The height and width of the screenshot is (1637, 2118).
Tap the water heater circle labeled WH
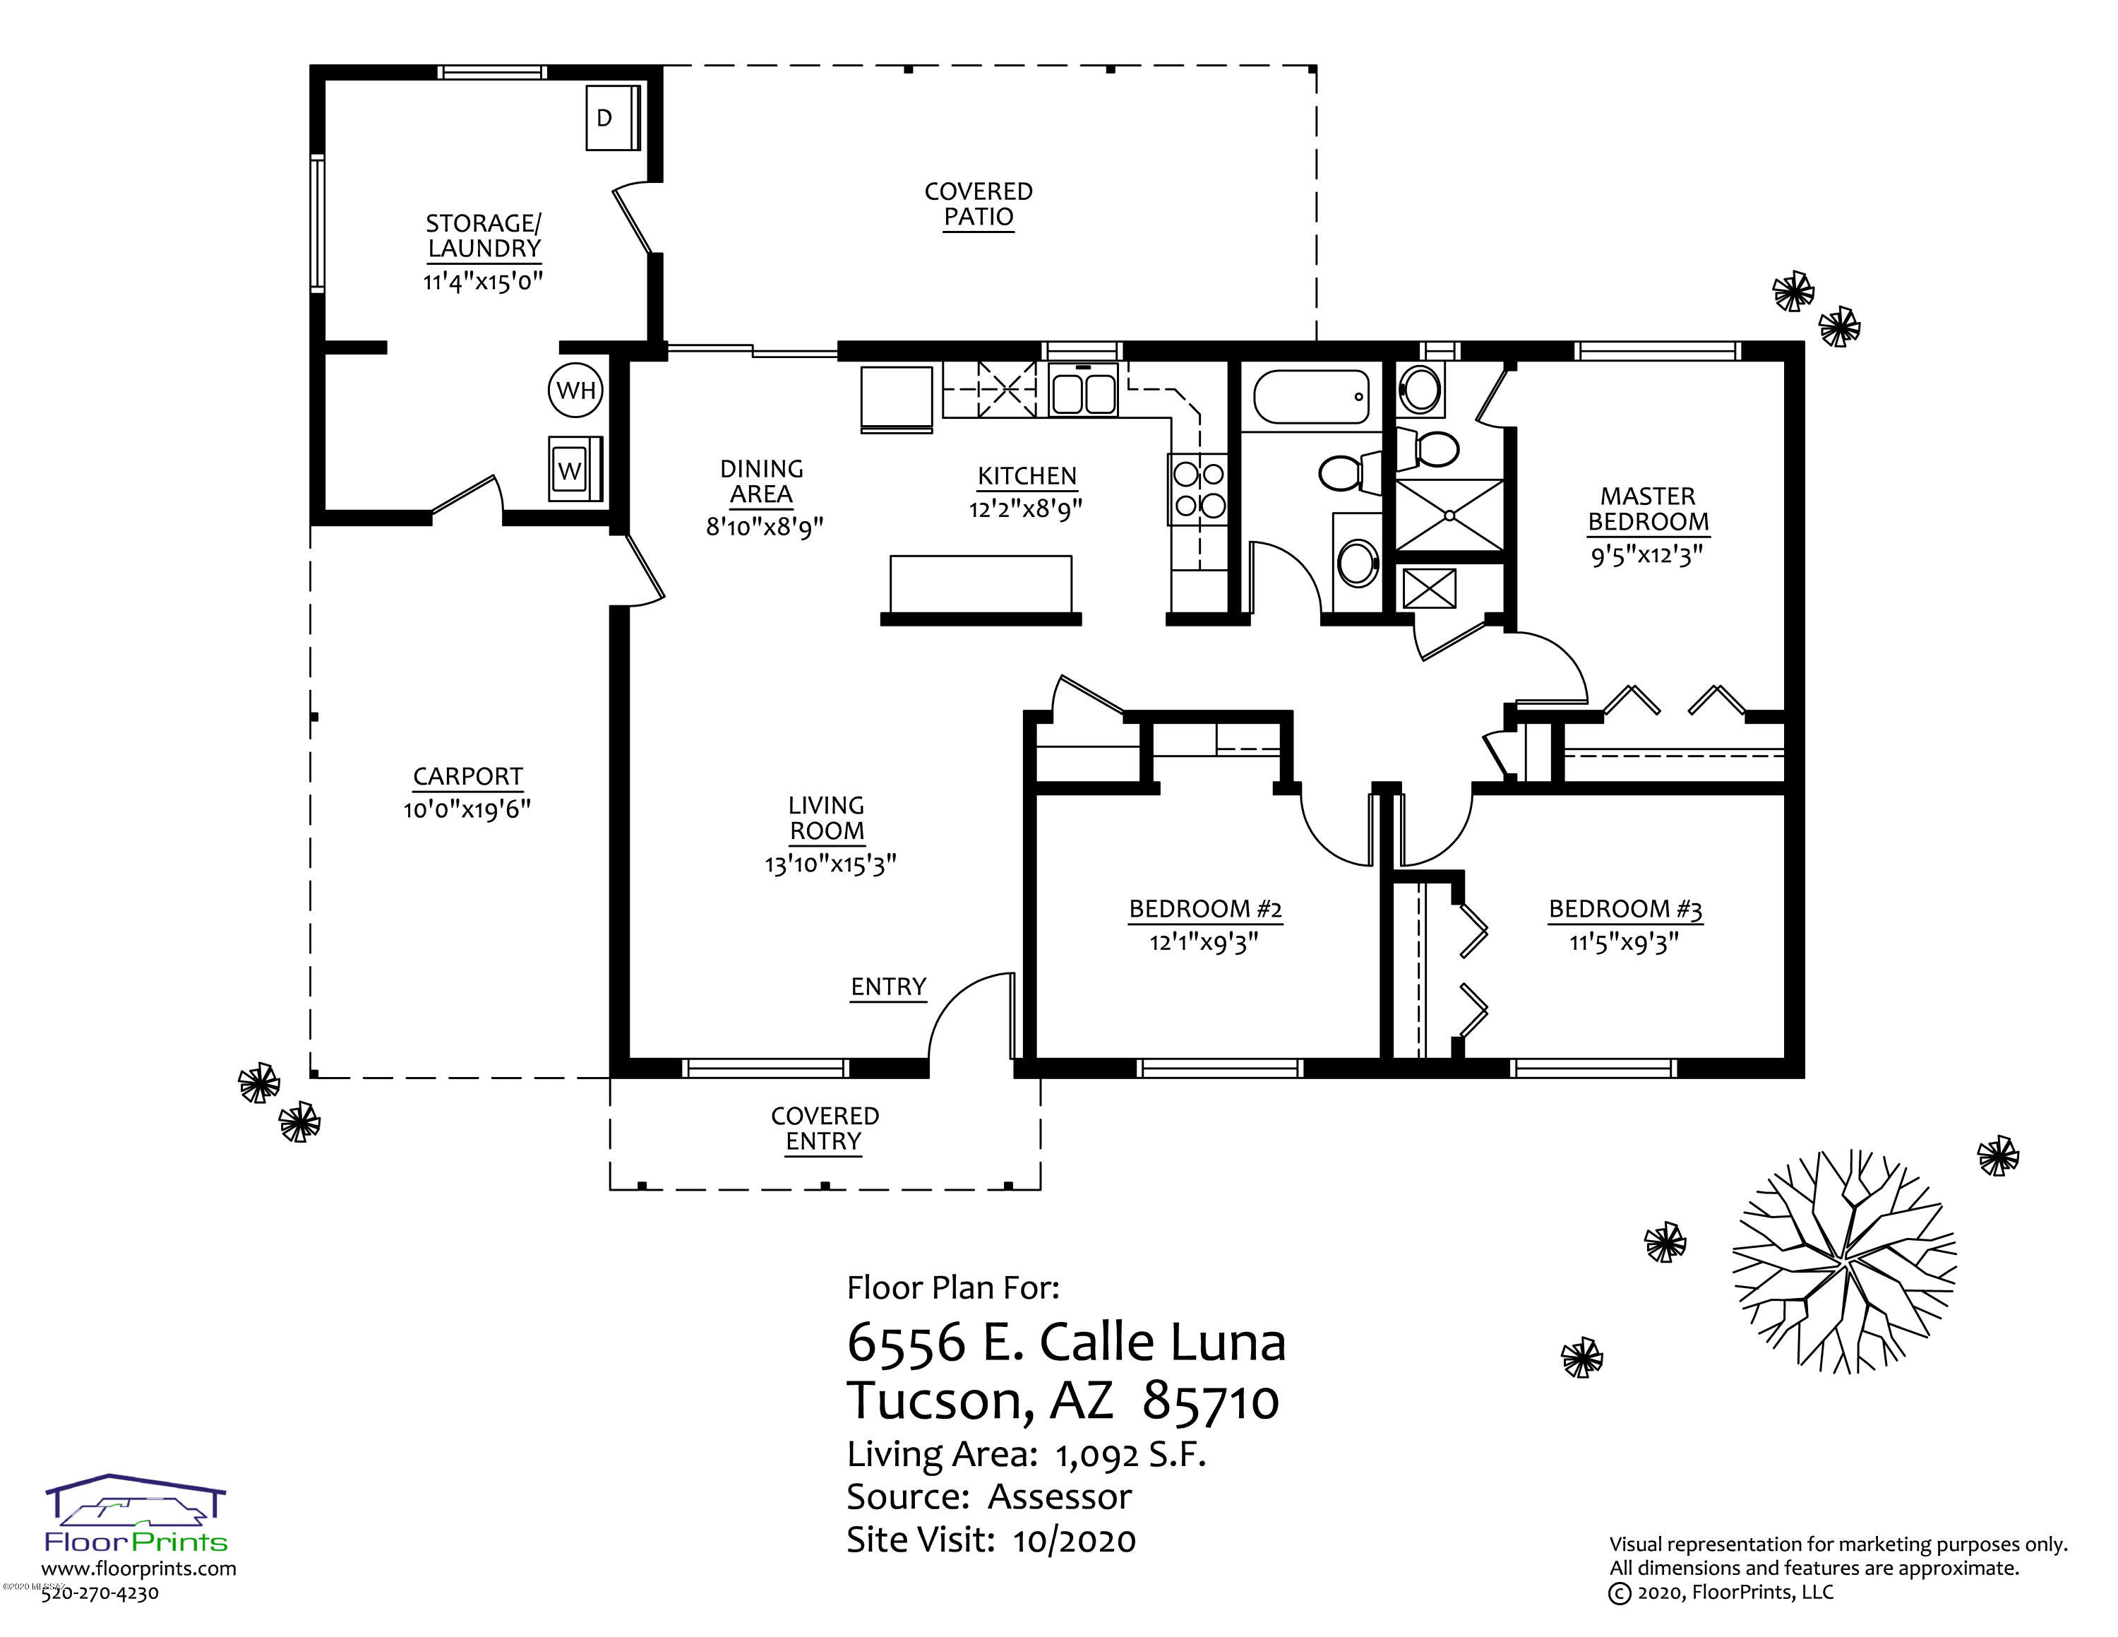click(x=576, y=391)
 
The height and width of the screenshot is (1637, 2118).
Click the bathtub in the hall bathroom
click(x=1311, y=398)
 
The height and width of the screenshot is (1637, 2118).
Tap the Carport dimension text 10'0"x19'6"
click(x=467, y=809)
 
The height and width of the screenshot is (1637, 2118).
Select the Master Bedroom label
click(x=1648, y=509)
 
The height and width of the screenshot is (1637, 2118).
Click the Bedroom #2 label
click(x=1205, y=910)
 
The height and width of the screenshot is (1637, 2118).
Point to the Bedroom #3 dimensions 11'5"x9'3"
click(x=1625, y=943)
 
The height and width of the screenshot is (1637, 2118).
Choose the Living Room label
click(x=826, y=818)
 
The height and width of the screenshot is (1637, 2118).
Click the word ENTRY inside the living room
click(x=888, y=987)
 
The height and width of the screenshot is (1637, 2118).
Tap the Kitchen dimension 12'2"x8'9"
click(x=1026, y=508)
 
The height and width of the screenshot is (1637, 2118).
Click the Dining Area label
click(x=762, y=482)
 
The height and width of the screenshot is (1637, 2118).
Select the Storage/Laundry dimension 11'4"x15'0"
click(x=483, y=281)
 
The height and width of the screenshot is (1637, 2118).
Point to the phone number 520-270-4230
click(x=100, y=1593)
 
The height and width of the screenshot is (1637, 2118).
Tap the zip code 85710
click(x=1211, y=1401)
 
